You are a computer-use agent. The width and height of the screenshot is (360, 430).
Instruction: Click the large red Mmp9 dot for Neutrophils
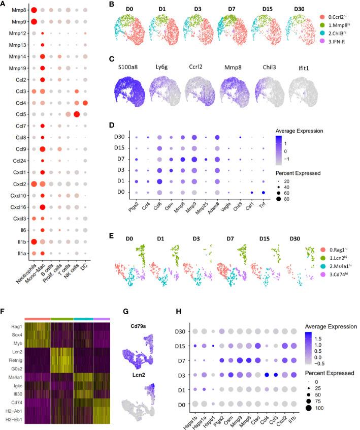(x=34, y=21)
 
